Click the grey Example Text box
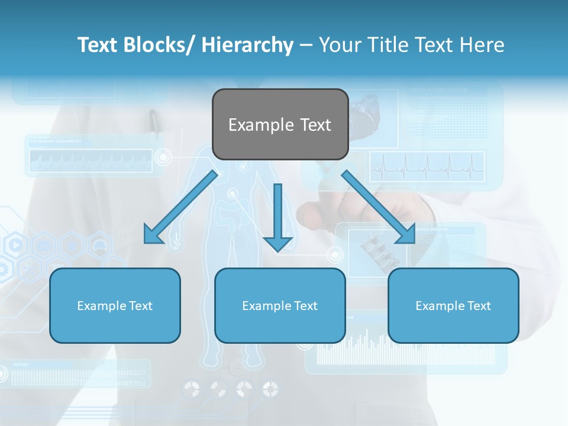pyautogui.click(x=280, y=124)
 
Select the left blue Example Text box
pyautogui.click(x=115, y=305)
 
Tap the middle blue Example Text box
pyautogui.click(x=280, y=305)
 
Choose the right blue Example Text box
pyautogui.click(x=453, y=305)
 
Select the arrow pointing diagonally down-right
pyautogui.click(x=379, y=207)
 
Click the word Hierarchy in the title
pyautogui.click(x=247, y=45)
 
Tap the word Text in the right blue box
pyautogui.click(x=478, y=306)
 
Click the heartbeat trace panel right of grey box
pyautogui.click(x=427, y=166)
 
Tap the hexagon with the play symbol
pyautogui.click(x=16, y=244)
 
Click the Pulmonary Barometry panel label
pyautogui.click(x=56, y=142)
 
